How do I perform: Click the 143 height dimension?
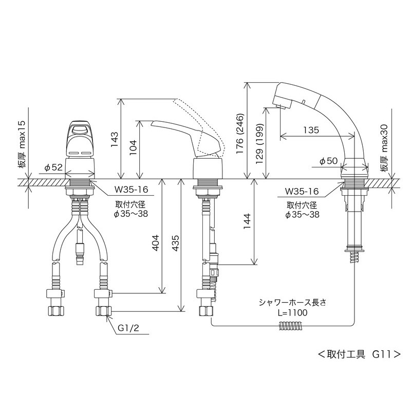pos(115,137)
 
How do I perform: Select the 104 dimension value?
pos(132,149)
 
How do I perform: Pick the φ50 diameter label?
pos(328,161)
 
